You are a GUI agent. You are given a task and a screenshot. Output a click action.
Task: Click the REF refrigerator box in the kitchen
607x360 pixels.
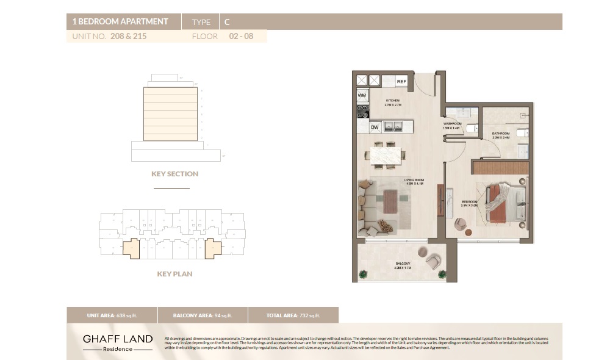click(x=401, y=81)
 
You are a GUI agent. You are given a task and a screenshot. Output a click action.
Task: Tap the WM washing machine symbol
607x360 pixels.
click(x=362, y=96)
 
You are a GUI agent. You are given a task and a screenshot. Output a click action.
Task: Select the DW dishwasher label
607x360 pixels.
click(x=375, y=127)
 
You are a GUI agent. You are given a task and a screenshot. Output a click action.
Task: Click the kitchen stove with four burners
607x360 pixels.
click(x=362, y=112)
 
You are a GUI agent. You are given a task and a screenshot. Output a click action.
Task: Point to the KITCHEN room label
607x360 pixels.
click(x=392, y=100)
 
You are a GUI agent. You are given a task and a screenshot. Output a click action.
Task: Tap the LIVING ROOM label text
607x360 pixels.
click(x=414, y=181)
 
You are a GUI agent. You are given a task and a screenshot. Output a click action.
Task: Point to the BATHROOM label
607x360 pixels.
click(x=501, y=133)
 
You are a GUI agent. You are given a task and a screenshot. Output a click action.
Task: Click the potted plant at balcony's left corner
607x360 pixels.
click(x=363, y=274)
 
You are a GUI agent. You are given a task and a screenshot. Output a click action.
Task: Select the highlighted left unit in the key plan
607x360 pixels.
click(x=131, y=248)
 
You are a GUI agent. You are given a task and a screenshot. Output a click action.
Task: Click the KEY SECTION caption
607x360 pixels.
click(x=174, y=174)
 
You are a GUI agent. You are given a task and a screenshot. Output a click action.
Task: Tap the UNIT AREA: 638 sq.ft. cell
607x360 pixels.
click(x=111, y=315)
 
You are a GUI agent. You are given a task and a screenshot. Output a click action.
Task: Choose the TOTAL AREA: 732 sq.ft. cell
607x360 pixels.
click(x=293, y=315)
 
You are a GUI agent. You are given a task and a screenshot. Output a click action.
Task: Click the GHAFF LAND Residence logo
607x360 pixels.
click(x=118, y=342)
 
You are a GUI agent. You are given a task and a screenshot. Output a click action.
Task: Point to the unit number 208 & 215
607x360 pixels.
click(x=128, y=36)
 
